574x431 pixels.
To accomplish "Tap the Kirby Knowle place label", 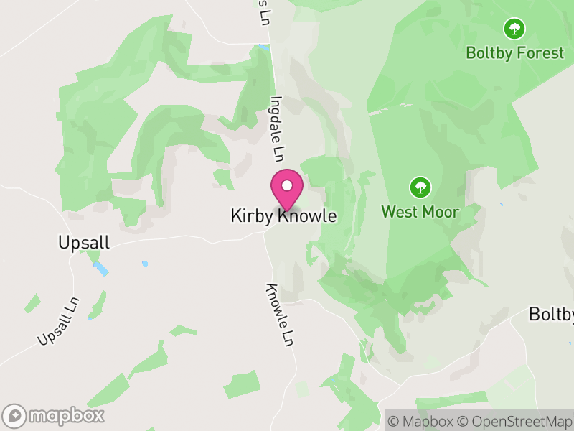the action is (283, 215).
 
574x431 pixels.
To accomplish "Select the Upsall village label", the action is (84, 243).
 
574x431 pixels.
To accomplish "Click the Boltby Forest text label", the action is (514, 52).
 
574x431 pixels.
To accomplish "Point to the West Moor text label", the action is (420, 212).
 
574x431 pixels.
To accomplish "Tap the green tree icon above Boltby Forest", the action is (514, 29).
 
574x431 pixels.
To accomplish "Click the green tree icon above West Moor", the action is (420, 188).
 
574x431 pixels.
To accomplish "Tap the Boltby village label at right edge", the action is (552, 314).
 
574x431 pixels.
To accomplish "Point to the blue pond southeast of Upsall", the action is (100, 269).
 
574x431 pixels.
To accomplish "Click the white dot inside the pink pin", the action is (286, 186).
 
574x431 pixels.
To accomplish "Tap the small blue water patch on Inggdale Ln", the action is (264, 48).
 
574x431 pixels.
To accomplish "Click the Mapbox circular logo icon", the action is (15, 415).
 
